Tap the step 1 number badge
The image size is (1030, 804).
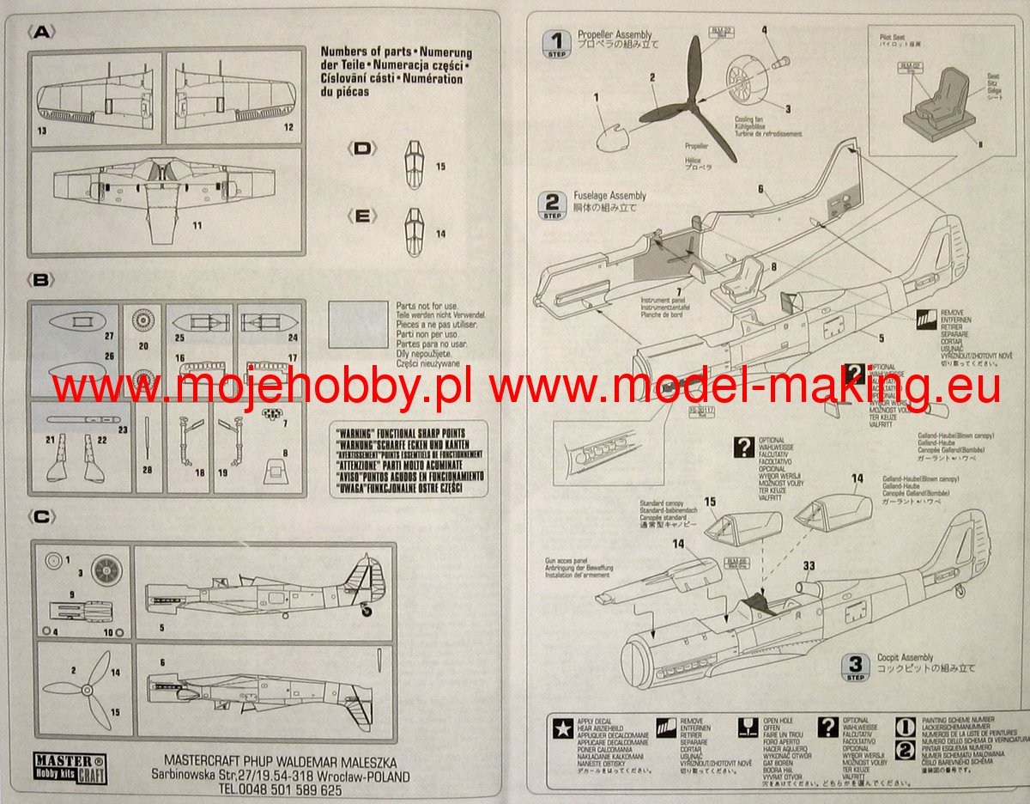[x=559, y=40]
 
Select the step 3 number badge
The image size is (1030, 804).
[x=855, y=665]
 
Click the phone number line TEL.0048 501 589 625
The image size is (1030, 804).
[x=279, y=789]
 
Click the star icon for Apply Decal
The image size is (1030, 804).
[x=562, y=728]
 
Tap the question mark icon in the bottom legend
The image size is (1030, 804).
[x=827, y=728]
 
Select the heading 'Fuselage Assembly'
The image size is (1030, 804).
[x=612, y=196]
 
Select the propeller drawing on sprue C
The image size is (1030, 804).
[x=82, y=688]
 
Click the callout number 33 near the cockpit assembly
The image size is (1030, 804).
[x=810, y=566]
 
